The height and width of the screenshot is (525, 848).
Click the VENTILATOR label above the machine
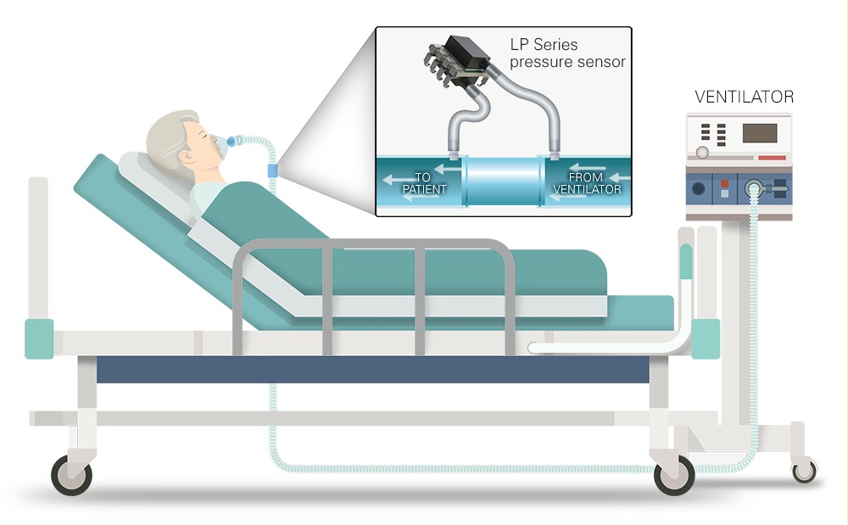[x=744, y=97]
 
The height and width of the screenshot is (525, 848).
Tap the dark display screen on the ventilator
[x=760, y=133]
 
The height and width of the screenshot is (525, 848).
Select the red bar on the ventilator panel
[x=772, y=159]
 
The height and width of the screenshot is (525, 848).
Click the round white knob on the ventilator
[x=702, y=153]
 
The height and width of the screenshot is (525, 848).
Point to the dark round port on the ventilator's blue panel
[x=699, y=188]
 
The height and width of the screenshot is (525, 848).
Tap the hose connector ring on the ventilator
[x=753, y=189]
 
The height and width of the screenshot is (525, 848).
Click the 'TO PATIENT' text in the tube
[x=423, y=183]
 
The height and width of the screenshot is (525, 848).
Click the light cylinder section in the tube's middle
[x=504, y=181]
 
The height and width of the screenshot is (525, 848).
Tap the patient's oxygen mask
[x=220, y=145]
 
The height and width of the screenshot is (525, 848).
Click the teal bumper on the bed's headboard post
[x=39, y=338]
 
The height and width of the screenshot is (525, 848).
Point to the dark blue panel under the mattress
[x=373, y=369]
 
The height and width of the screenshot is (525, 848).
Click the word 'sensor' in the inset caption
[x=602, y=62]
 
